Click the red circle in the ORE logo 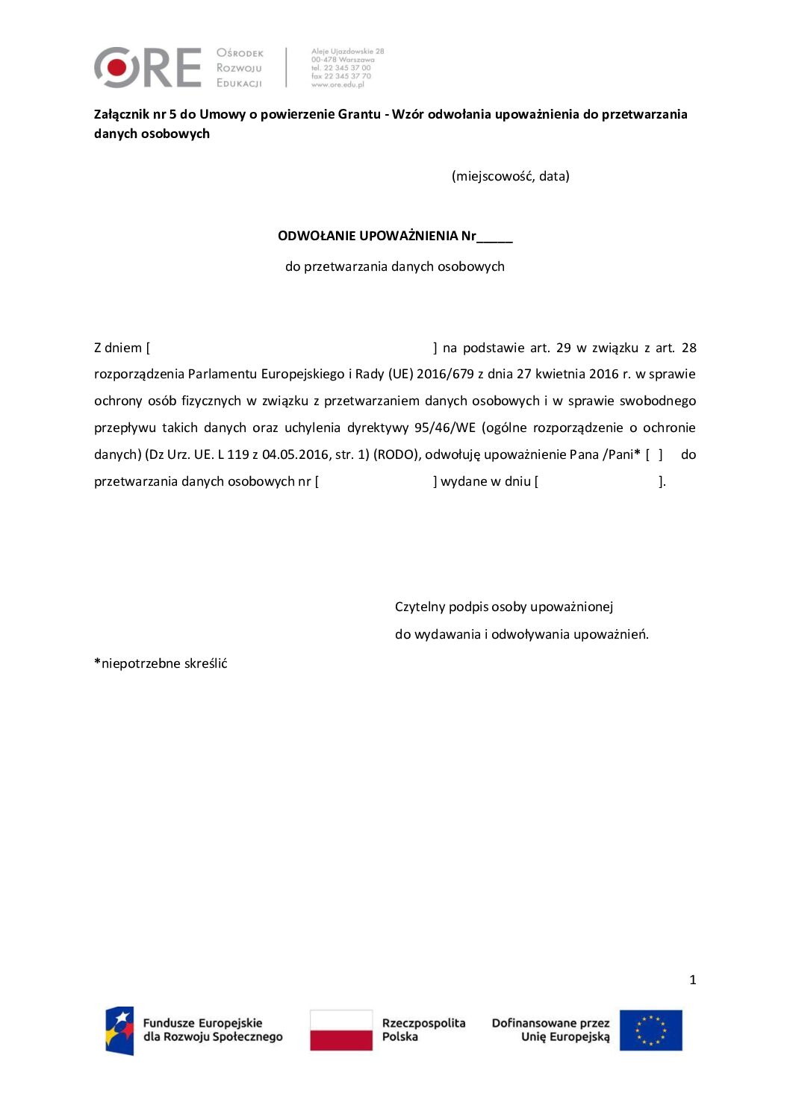pyautogui.click(x=117, y=67)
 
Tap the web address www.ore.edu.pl pyautogui.click(x=338, y=85)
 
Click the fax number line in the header pyautogui.click(x=340, y=76)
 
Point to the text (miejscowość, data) pyautogui.click(x=511, y=176)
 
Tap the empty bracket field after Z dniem pyautogui.click(x=291, y=348)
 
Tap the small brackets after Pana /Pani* pyautogui.click(x=654, y=454)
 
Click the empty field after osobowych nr pyautogui.click(x=376, y=481)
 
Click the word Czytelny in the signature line pyautogui.click(x=420, y=607)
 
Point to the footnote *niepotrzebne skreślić pyautogui.click(x=161, y=663)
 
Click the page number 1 pyautogui.click(x=692, y=980)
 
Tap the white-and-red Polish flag pyautogui.click(x=341, y=1030)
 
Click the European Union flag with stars pyautogui.click(x=650, y=1030)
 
